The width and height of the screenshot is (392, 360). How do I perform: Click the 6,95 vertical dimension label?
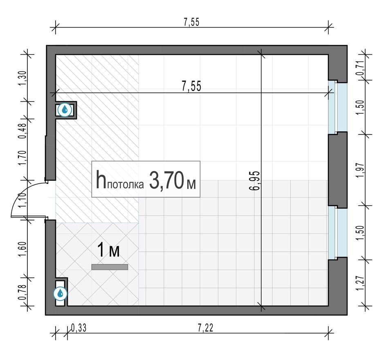tap(255, 181)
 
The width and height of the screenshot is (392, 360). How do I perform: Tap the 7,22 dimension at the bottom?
tap(206, 328)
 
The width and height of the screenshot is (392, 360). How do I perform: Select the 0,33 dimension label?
tap(79, 328)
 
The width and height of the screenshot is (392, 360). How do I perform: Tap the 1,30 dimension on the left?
tap(22, 78)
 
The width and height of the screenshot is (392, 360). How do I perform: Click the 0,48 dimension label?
tap(22, 131)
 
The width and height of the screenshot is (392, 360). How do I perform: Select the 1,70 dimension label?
tap(22, 157)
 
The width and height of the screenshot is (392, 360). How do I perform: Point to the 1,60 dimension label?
tap(22, 249)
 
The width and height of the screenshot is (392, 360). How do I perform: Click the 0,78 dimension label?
tap(22, 292)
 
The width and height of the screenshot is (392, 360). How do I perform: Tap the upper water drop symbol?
tap(65, 110)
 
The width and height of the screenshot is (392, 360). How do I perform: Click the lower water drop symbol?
tap(60, 293)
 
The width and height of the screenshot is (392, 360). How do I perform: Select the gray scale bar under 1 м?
tap(110, 267)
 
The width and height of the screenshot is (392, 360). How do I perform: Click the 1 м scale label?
tap(108, 250)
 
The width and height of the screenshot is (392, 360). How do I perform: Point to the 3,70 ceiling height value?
tap(166, 180)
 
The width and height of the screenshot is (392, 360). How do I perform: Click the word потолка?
tap(125, 184)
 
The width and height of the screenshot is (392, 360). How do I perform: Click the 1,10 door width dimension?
tap(22, 200)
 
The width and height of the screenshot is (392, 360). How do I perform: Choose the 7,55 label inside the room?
tap(191, 86)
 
